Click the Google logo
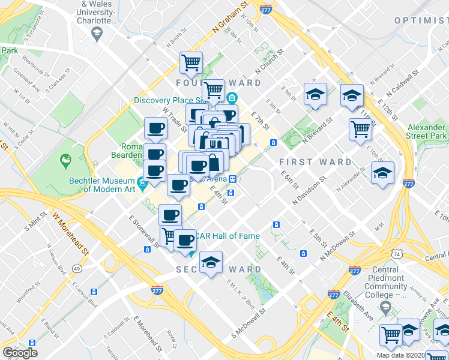pos(20,353)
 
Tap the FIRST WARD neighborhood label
pos(316,162)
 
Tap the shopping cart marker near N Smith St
pos(191,61)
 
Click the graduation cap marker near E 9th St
pos(315,94)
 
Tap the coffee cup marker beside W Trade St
pos(157,128)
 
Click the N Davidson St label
pos(309,191)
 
